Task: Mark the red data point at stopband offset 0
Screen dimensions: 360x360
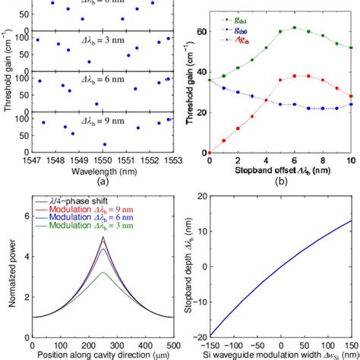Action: tap(210, 153)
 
